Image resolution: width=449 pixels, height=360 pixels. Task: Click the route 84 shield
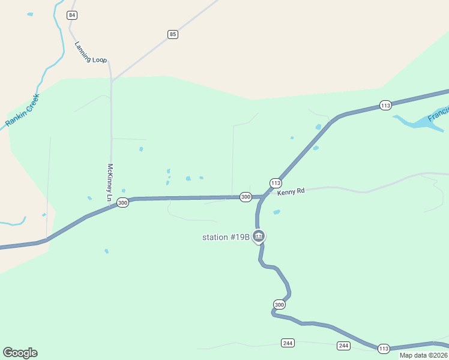click(x=72, y=14)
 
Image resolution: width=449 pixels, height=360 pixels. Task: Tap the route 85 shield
click(x=173, y=34)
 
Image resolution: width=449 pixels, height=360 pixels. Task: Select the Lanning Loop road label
click(x=91, y=52)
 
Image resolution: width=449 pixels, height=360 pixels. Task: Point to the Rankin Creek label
click(x=22, y=110)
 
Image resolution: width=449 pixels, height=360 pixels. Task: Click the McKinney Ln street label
click(x=110, y=182)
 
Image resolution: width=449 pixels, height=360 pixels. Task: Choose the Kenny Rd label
click(x=291, y=191)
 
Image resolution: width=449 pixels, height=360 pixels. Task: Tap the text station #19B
click(x=225, y=237)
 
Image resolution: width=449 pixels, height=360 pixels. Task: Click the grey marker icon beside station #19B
click(x=259, y=236)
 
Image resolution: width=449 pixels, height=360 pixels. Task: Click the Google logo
click(x=20, y=353)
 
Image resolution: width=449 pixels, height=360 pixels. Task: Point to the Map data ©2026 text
click(x=423, y=355)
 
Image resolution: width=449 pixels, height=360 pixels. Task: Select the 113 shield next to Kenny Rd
click(x=276, y=183)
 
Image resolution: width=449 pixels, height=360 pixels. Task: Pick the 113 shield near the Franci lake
click(x=385, y=106)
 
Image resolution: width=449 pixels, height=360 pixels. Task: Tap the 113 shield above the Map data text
click(x=384, y=349)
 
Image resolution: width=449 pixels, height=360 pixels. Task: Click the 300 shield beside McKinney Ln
click(x=122, y=203)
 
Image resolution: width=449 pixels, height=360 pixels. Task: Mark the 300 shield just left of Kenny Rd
click(x=246, y=197)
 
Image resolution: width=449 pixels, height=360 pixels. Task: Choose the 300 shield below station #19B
click(x=279, y=304)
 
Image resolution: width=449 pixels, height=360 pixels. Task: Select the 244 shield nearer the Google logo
click(x=288, y=343)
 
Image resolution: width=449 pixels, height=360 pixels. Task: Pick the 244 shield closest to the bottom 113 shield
click(x=343, y=346)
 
